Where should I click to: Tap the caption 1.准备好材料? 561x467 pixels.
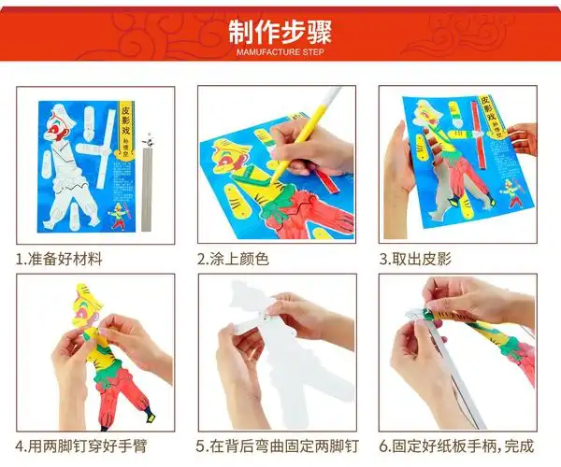[x=59, y=259]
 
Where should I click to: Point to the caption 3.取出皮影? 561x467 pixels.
[x=415, y=259]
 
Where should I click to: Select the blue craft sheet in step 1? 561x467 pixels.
[x=84, y=168]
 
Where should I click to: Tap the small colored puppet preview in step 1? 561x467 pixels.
[x=117, y=216]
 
